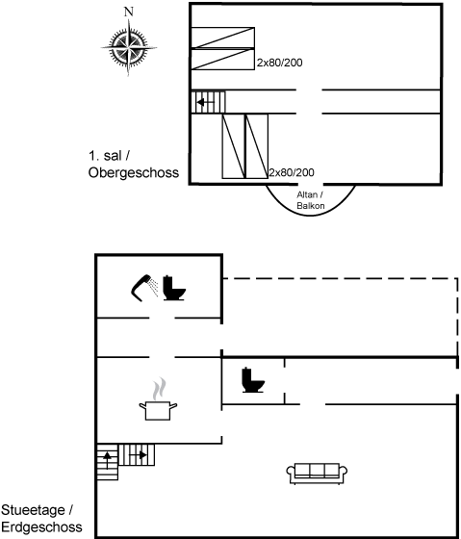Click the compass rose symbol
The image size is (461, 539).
click(x=129, y=47)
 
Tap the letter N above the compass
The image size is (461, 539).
click(x=129, y=12)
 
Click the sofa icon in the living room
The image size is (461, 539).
click(x=317, y=474)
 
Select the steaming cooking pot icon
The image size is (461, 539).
click(x=158, y=410)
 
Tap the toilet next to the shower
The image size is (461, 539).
click(x=174, y=288)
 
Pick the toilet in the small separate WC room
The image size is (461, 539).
click(x=253, y=380)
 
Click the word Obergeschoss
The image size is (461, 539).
click(x=134, y=172)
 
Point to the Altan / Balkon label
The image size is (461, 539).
click(x=311, y=200)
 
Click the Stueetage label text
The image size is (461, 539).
click(x=37, y=510)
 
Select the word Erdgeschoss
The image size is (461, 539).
click(x=41, y=527)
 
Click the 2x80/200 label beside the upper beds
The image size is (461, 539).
click(x=280, y=63)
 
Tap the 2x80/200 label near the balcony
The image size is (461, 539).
click(x=292, y=172)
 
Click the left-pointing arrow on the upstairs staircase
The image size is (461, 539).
click(x=206, y=102)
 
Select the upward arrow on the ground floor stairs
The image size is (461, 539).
click(x=107, y=461)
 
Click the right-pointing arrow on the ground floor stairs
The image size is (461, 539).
click(x=138, y=455)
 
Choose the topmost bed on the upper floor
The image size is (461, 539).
click(x=222, y=38)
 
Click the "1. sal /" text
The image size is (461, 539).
click(x=110, y=156)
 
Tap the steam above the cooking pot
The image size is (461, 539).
click(x=159, y=389)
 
